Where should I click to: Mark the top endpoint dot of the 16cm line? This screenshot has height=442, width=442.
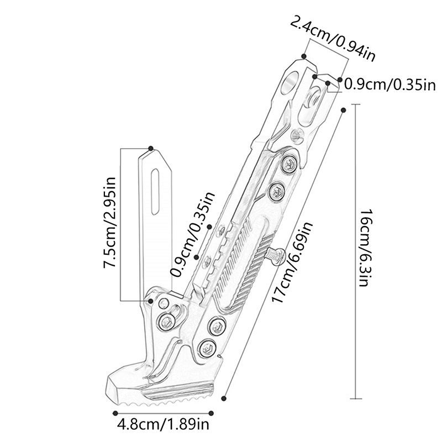point(343,110)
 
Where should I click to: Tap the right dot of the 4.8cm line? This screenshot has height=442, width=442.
point(212,412)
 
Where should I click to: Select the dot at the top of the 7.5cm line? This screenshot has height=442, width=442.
point(151,148)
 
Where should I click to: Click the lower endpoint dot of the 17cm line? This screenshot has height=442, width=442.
point(224,397)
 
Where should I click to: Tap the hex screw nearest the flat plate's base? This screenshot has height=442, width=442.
point(165,320)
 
